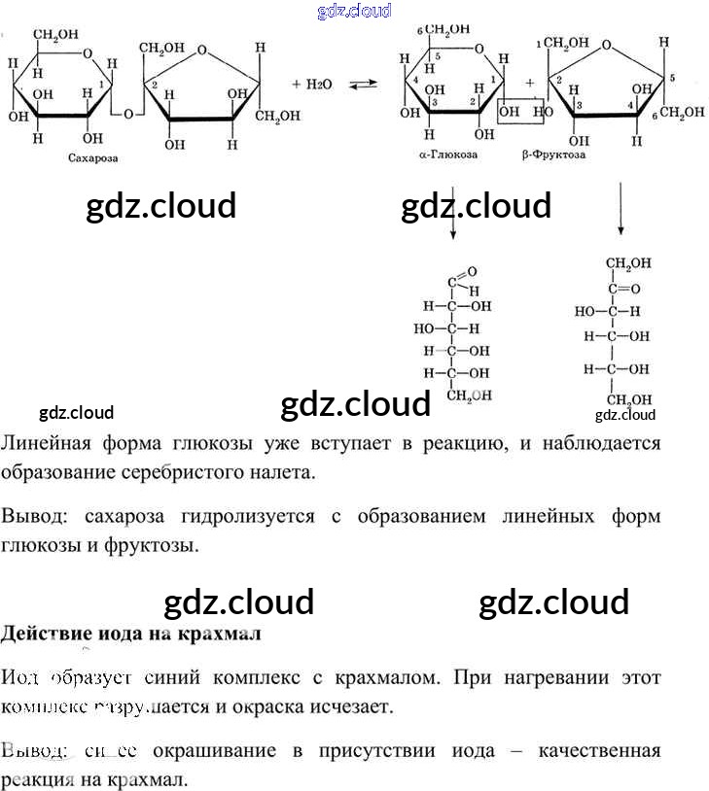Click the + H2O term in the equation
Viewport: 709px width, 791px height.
[311, 86]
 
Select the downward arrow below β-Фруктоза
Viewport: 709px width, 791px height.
[620, 209]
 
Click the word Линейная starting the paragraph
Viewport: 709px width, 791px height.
[47, 444]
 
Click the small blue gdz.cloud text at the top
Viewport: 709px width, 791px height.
[354, 11]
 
